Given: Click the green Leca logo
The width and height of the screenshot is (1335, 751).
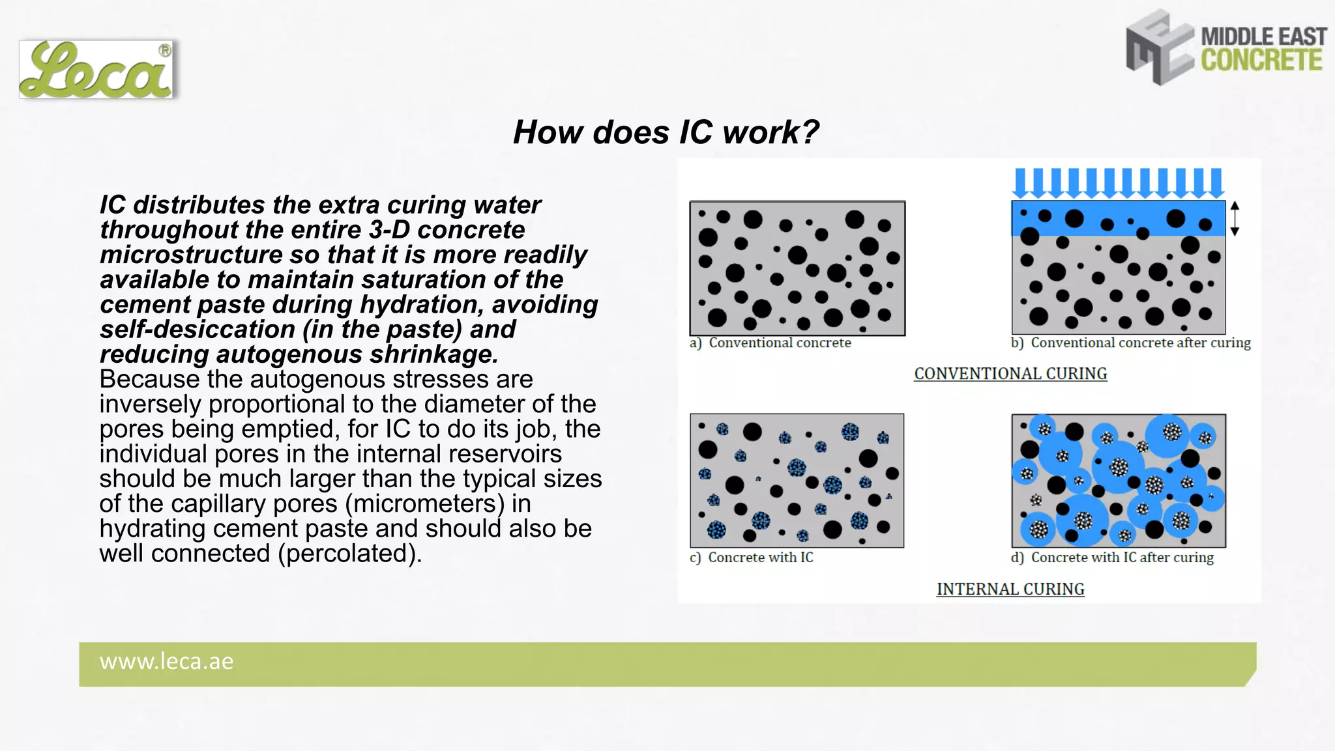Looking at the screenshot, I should click(x=96, y=70).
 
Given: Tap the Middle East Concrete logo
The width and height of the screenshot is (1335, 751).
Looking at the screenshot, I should click(x=1225, y=48).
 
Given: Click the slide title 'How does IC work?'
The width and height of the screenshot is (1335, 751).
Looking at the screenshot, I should click(x=666, y=132).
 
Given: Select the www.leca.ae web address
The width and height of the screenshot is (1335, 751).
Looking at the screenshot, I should click(x=166, y=662).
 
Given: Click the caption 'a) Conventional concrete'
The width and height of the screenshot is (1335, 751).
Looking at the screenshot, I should click(x=770, y=343).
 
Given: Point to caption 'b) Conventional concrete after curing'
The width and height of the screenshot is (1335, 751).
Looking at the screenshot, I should click(x=1131, y=343).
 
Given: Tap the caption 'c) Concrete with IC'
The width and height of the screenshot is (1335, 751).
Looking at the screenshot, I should click(x=752, y=558).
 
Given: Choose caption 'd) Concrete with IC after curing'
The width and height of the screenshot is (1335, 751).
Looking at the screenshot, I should click(x=1113, y=558).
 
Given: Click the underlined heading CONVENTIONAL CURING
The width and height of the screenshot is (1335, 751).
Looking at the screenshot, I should click(x=1010, y=374).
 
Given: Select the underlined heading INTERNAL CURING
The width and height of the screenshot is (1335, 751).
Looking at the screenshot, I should click(x=1010, y=589).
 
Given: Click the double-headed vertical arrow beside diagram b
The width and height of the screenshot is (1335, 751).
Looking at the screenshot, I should click(x=1234, y=218).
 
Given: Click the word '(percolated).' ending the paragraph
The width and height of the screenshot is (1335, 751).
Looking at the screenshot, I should click(x=350, y=554).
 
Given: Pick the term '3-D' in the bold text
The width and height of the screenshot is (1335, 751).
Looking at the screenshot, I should click(x=389, y=230).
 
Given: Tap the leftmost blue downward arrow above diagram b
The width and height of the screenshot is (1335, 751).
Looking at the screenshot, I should click(x=1021, y=183).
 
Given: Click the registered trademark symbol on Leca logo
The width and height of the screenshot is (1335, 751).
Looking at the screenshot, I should click(x=165, y=50).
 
